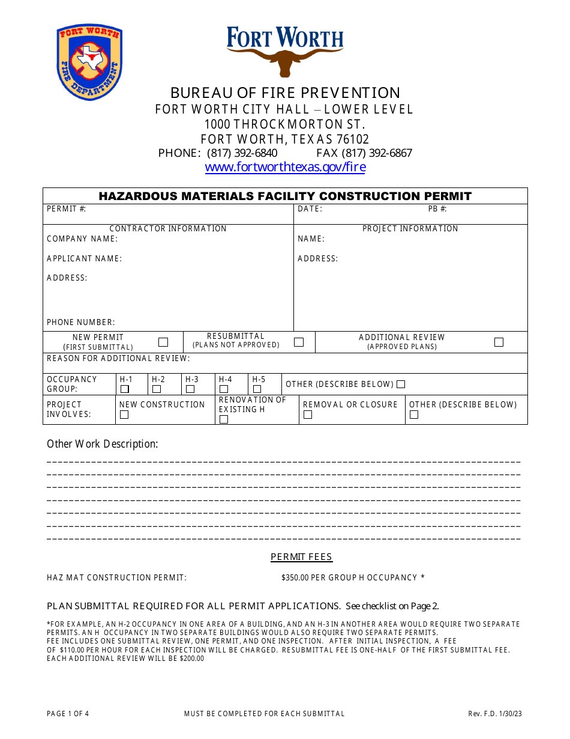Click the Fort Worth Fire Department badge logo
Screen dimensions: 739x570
tap(89, 62)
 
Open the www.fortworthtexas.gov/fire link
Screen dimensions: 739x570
tap(285, 167)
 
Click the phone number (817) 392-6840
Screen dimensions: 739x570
tap(242, 153)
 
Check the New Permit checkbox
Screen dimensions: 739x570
tap(163, 342)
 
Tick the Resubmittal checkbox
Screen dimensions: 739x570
tap(298, 342)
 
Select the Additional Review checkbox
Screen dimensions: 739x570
tap(499, 342)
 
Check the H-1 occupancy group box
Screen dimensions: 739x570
tap(125, 389)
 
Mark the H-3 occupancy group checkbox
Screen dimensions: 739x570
tap(190, 389)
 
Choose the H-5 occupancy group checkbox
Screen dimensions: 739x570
tap(257, 389)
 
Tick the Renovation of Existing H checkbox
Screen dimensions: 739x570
tap(224, 419)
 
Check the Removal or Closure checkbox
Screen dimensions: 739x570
tap(308, 415)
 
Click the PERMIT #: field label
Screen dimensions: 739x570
tap(67, 209)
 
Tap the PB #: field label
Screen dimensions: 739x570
tap(437, 209)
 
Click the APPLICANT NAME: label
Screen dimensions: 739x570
tap(84, 258)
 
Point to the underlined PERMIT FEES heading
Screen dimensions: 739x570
tap(301, 557)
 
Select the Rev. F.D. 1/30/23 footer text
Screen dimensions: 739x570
tap(495, 714)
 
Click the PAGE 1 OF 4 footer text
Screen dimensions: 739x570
tap(68, 714)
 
